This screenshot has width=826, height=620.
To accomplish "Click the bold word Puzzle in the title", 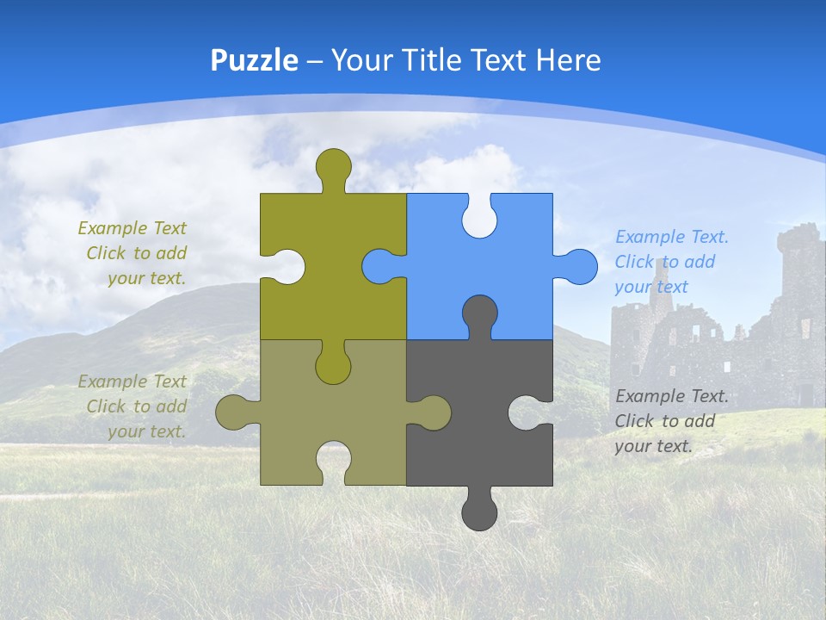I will (254, 60).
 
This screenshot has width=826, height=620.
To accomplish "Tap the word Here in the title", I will (568, 60).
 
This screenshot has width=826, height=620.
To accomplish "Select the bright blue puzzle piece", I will (508, 258).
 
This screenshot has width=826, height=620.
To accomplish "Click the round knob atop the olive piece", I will (333, 165).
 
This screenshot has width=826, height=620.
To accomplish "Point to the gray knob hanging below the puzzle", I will (479, 512).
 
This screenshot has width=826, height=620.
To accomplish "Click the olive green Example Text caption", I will (133, 253).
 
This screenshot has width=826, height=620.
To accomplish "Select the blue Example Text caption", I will (671, 262).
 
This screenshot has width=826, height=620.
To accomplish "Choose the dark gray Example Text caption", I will (671, 421).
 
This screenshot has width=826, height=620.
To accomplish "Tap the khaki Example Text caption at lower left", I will (133, 406).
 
